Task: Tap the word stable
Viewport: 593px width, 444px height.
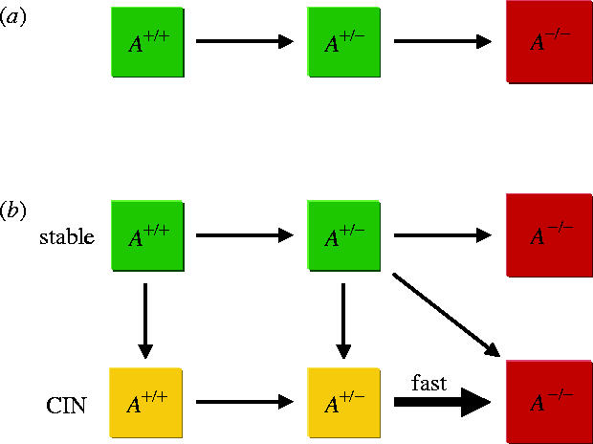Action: pos(67,235)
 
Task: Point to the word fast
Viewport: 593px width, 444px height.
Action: pos(428,382)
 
